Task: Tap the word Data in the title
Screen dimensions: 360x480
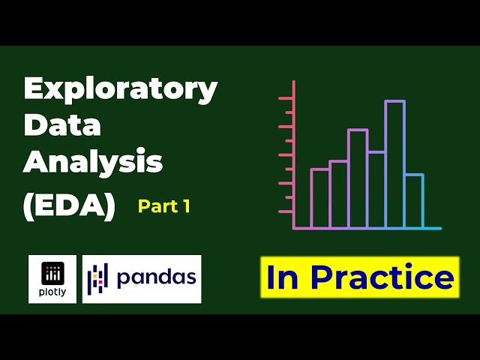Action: click(62, 126)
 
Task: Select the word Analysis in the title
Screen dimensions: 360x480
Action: click(93, 162)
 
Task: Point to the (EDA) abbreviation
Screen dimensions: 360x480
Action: click(69, 205)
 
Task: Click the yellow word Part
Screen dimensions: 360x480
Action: click(156, 206)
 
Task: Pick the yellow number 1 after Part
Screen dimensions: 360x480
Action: click(184, 206)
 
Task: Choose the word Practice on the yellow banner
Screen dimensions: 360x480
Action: click(382, 277)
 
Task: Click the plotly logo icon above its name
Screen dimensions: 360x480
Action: click(52, 272)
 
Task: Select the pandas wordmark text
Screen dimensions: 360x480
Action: click(156, 278)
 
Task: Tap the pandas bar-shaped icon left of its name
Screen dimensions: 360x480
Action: click(98, 278)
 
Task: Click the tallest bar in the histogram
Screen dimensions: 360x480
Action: click(394, 163)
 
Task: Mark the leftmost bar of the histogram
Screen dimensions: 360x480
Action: click(320, 198)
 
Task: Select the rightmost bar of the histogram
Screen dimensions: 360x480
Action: click(413, 200)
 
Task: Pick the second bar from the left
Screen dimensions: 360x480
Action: click(338, 194)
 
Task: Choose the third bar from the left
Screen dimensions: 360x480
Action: click(357, 178)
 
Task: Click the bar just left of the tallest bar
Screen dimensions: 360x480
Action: click(376, 189)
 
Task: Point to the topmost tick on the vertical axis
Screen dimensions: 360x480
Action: click(285, 98)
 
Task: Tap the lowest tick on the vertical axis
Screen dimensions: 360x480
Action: click(285, 211)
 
